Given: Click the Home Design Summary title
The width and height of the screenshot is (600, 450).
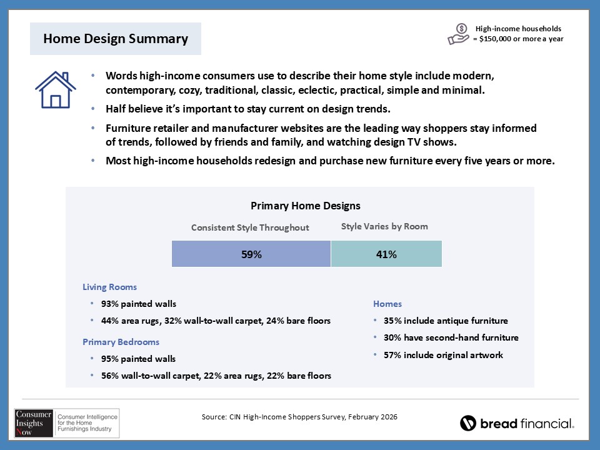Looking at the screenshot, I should pos(116,39).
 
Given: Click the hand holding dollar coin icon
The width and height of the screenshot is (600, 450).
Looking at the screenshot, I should pos(459,34).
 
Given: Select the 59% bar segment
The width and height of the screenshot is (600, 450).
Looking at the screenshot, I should pos(251,254).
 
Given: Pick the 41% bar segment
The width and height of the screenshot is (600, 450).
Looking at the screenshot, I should pos(386,254).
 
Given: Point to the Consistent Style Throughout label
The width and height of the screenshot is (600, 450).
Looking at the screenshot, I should pos(250,227).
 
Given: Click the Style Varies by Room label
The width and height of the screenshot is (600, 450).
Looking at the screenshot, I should pos(384,226).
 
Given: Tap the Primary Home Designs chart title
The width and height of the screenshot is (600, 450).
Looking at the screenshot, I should pos(305,205).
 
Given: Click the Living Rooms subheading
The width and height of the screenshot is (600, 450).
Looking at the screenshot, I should pos(109,287).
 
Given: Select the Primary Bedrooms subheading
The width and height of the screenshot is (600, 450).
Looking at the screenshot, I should pos(121,342).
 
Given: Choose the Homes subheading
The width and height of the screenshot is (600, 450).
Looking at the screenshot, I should pos(387,304).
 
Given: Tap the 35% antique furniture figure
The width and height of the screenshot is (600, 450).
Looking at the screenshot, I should pos(392,321).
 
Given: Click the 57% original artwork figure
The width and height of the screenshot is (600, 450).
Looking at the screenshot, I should pos(392,355).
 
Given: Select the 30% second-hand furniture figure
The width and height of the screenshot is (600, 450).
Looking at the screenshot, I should pos(392,337).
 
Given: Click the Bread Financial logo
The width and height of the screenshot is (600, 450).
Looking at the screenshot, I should pos(517,423).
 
